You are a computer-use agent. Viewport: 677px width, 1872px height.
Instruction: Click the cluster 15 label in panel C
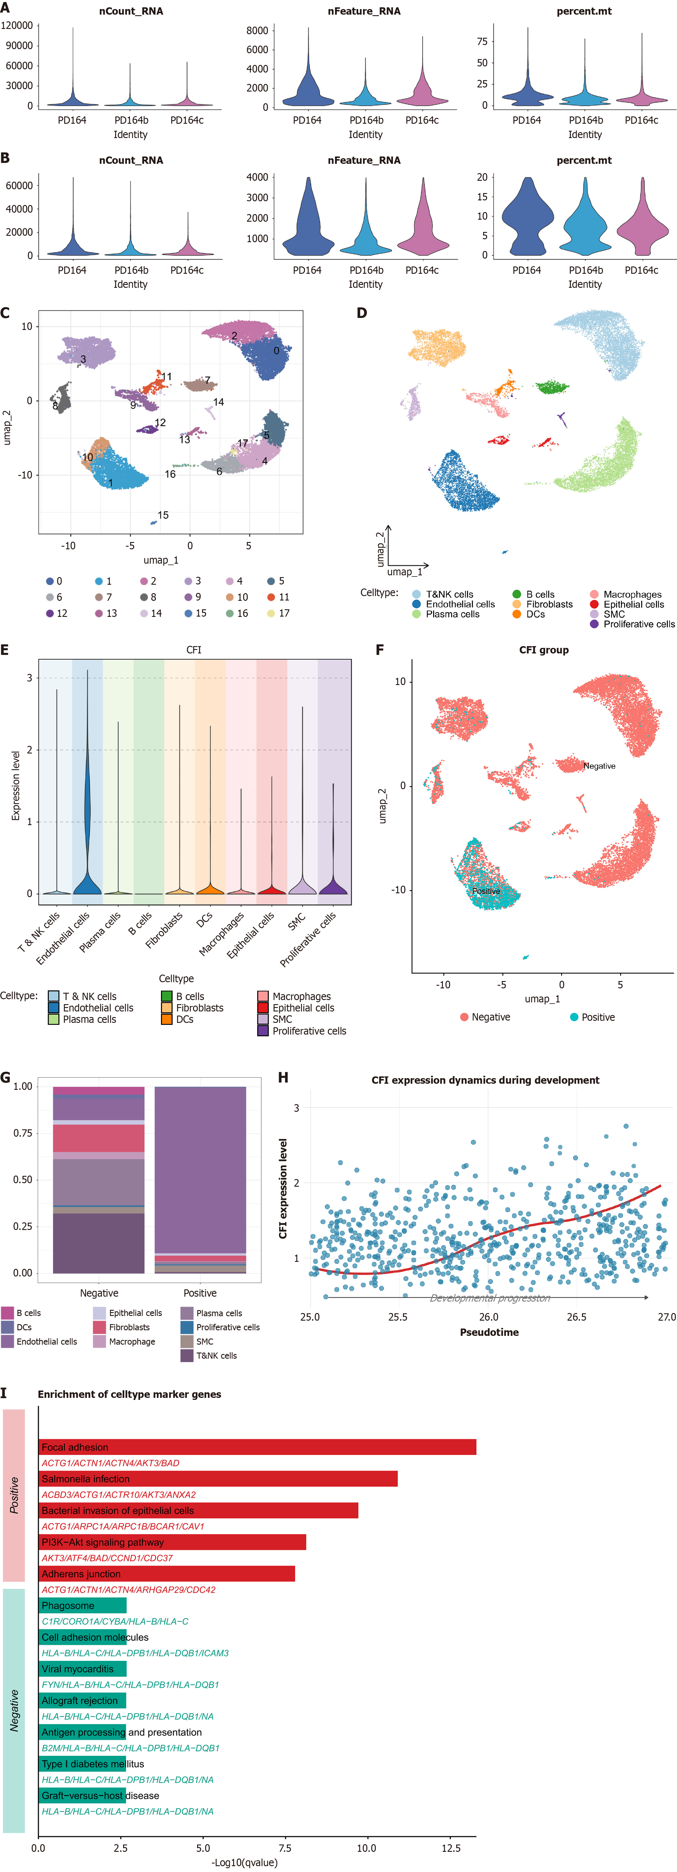click(163, 515)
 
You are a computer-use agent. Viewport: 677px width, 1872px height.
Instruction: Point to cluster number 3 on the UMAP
click(84, 359)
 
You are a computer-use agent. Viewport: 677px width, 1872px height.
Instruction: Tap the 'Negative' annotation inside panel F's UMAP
click(599, 766)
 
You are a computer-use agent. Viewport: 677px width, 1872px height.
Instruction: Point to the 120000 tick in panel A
click(17, 25)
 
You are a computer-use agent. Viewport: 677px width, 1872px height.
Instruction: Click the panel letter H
click(283, 1078)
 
